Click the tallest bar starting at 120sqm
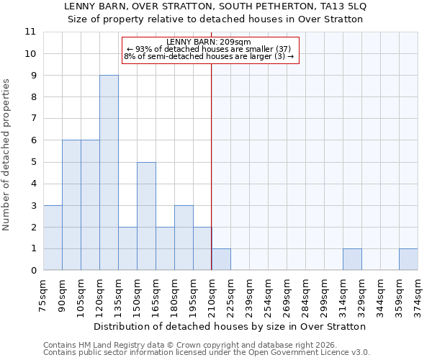(109, 173)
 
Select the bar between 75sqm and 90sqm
(53, 238)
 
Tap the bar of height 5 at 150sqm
(146, 216)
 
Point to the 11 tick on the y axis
(31, 32)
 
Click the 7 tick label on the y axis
(31, 119)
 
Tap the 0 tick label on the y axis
(31, 271)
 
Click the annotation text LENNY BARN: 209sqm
(209, 42)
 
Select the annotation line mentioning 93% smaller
(209, 49)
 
